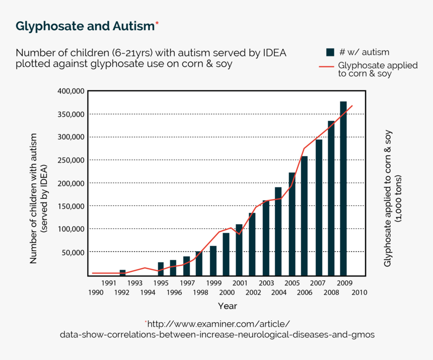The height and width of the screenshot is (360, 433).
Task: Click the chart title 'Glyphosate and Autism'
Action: pyautogui.click(x=84, y=26)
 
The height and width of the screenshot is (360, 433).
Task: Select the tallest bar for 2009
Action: pyautogui.click(x=343, y=189)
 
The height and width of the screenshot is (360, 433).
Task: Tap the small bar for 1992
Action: pyautogui.click(x=122, y=272)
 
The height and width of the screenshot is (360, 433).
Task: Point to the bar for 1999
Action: pyautogui.click(x=213, y=260)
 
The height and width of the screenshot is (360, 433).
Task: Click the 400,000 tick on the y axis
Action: pyautogui.click(x=71, y=91)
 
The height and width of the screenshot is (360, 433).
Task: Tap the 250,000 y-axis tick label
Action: pyautogui.click(x=71, y=160)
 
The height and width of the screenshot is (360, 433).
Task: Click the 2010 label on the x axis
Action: pyautogui.click(x=359, y=293)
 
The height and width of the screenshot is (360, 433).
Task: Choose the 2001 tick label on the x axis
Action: pyautogui.click(x=239, y=283)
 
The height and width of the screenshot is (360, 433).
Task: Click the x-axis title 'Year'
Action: pyautogui.click(x=227, y=306)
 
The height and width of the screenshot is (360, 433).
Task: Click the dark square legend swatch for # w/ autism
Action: pyautogui.click(x=330, y=52)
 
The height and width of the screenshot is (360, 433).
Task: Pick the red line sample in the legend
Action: pyautogui.click(x=326, y=66)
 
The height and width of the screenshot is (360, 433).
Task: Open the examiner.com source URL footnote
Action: pyautogui.click(x=217, y=329)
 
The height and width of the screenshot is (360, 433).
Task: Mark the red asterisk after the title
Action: pyautogui.click(x=157, y=23)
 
